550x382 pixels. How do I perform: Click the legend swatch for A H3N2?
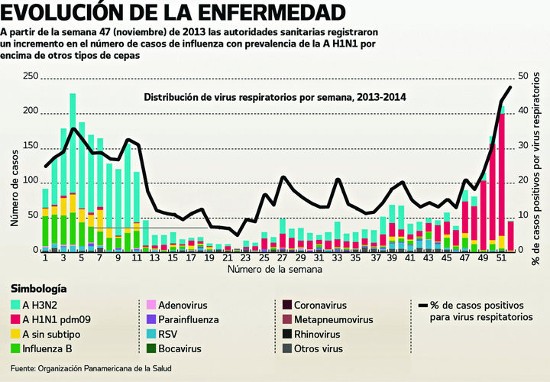(x=16, y=305)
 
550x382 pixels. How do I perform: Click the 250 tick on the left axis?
(x=31, y=76)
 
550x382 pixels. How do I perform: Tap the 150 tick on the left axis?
(x=31, y=146)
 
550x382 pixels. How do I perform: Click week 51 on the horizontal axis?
(x=500, y=258)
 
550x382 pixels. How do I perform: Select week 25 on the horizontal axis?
(x=264, y=258)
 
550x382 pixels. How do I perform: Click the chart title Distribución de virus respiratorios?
(x=275, y=97)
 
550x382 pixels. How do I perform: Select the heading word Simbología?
(x=38, y=289)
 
